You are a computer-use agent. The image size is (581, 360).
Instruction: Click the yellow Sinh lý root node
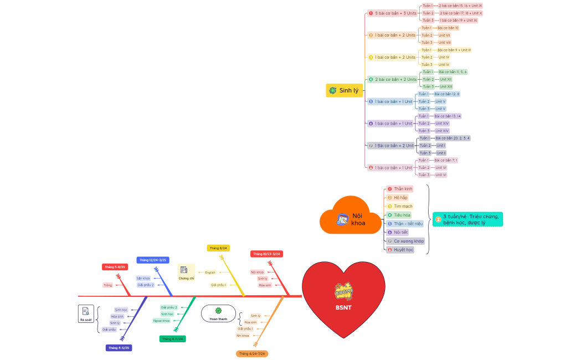[344, 90]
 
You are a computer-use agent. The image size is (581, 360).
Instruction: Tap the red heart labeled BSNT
[343, 299]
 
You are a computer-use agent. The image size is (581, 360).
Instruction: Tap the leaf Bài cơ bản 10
[448, 28]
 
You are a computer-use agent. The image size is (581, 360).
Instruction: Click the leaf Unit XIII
[445, 86]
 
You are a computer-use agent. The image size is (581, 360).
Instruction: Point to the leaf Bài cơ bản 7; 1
[446, 160]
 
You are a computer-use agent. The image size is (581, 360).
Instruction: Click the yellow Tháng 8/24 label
[218, 248]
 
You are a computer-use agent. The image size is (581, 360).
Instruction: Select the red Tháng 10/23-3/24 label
[266, 254]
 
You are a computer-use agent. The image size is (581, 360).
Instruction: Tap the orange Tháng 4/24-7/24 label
[252, 353]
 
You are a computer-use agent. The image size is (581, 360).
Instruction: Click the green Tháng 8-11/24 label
[172, 338]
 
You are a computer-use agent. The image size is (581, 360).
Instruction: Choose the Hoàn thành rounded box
[218, 314]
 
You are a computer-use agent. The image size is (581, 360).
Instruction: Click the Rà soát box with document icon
[86, 314]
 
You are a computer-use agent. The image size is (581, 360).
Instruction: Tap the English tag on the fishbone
[210, 272]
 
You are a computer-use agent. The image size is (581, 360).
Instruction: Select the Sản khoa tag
[143, 278]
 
